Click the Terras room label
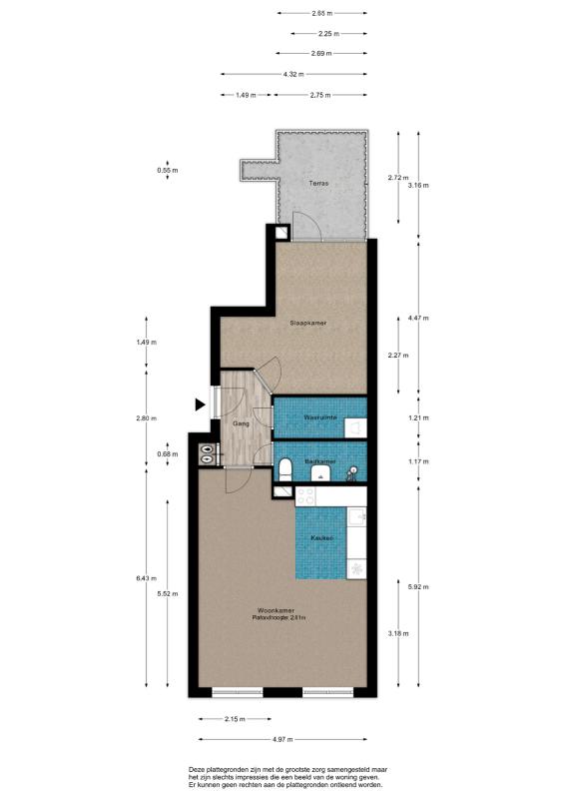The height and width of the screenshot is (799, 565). pos(318,183)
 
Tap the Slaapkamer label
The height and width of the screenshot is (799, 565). pos(308,323)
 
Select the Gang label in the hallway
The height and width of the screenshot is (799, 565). pos(241,423)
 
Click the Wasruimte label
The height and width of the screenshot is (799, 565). pos(320,417)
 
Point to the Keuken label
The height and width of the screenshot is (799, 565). pos(322,538)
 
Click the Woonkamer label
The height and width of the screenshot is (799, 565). pos(277,610)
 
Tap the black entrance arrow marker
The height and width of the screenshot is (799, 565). pos(201,404)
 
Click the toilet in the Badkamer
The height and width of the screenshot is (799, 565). pos(284,469)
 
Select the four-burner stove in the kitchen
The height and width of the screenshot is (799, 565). pos(305,496)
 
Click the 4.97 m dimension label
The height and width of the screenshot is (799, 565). pos(282,739)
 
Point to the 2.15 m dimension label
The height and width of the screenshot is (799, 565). pos(235,719)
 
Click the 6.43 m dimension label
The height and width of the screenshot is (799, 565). pos(146,578)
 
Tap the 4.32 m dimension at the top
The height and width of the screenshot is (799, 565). pos(293,74)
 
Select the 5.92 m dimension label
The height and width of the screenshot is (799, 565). pos(418,586)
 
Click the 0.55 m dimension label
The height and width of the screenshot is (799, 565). pos(168,170)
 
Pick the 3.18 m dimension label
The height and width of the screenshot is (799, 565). pos(398,633)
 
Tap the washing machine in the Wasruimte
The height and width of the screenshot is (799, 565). pos(355,428)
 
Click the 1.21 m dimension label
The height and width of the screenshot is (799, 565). pos(418,417)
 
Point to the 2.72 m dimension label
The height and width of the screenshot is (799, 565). pos(398,178)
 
